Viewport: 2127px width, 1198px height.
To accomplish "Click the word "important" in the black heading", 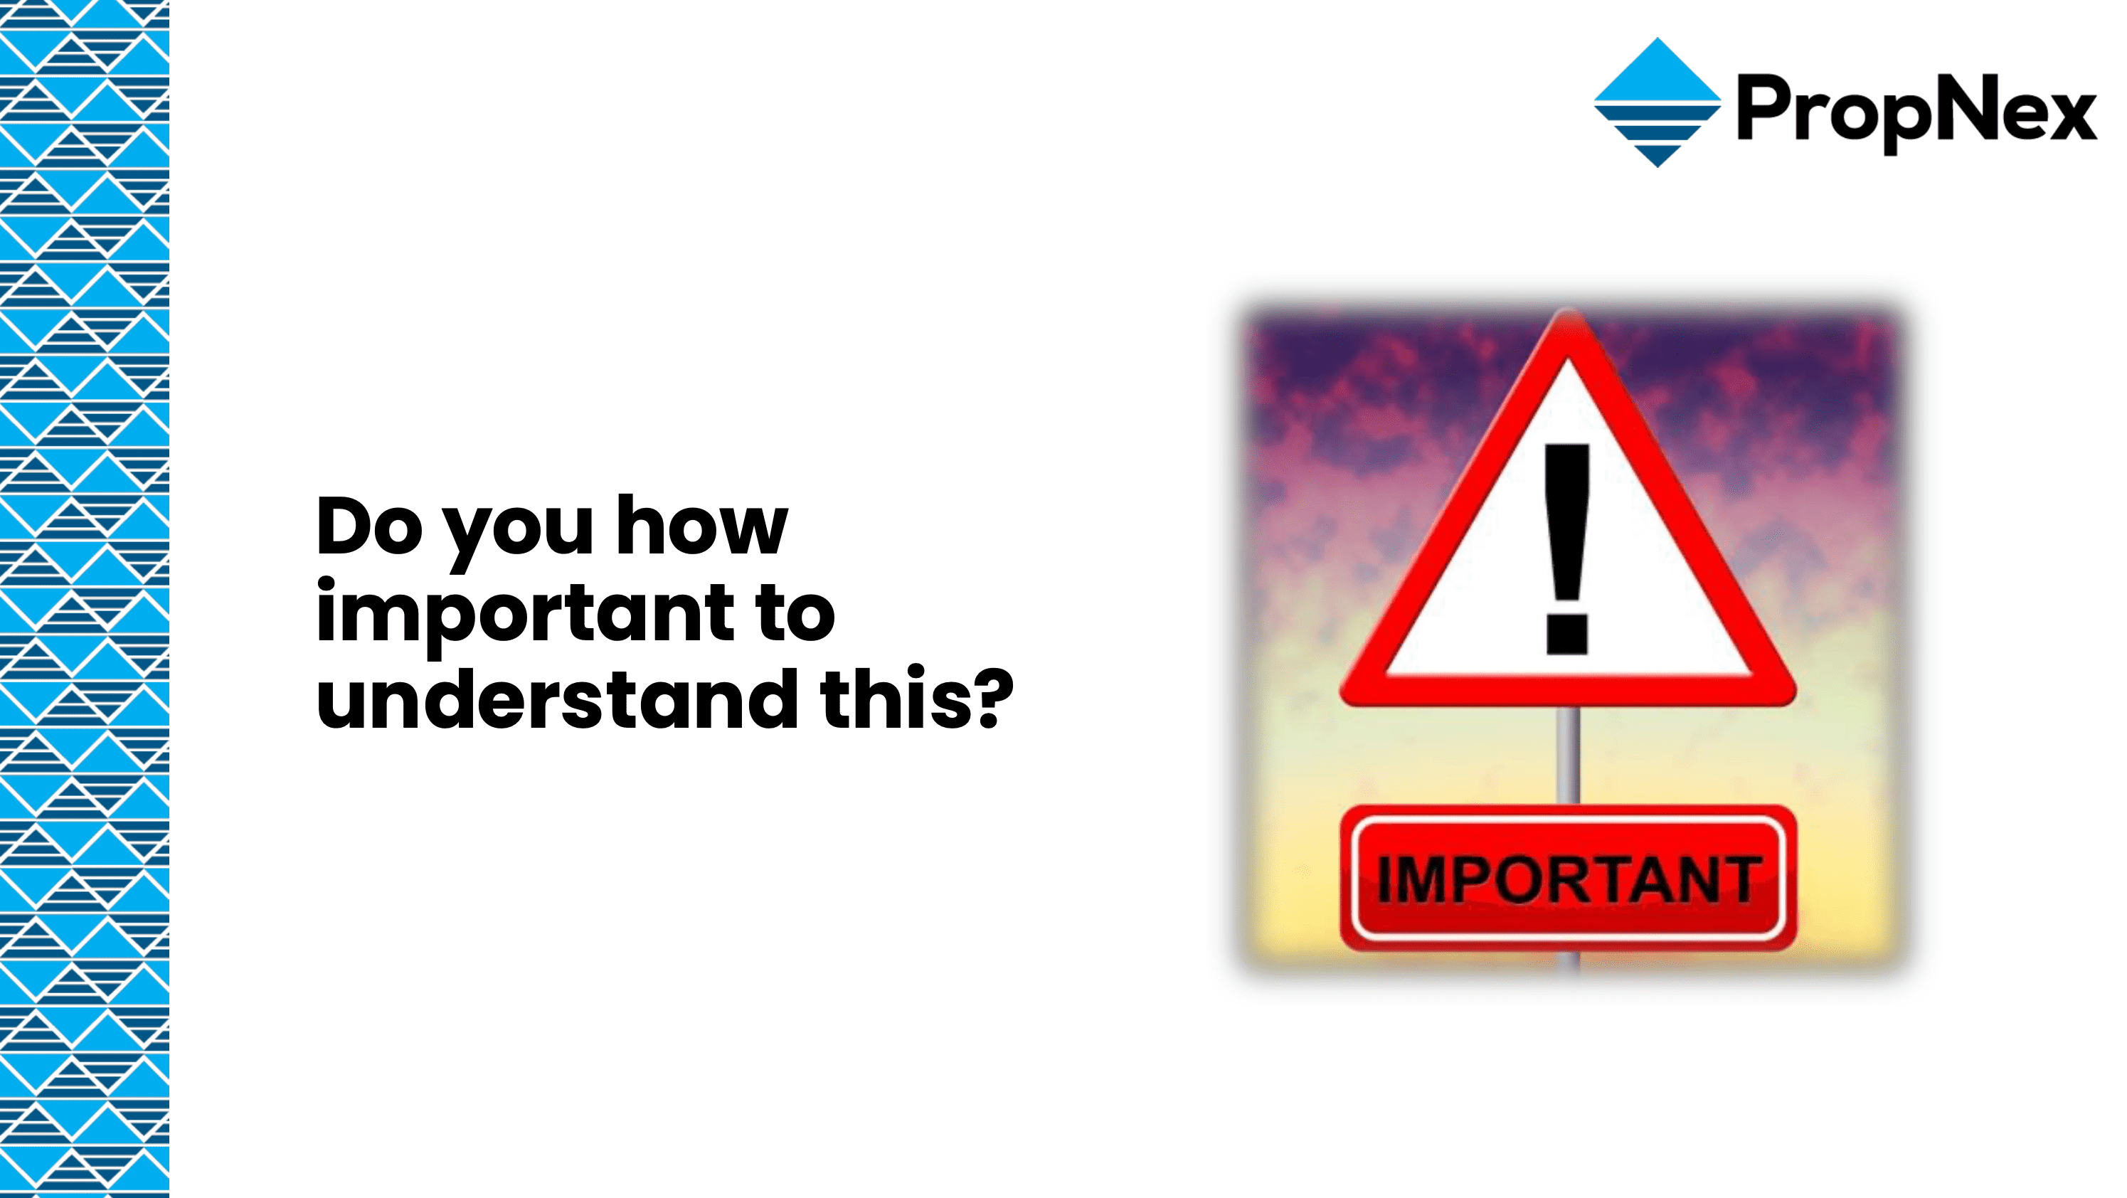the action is (524, 615).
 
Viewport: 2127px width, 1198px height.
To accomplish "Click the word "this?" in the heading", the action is (916, 699).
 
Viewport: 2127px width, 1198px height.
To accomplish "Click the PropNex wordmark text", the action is (1916, 113).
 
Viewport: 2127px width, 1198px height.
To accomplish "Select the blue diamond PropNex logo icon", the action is (1657, 102).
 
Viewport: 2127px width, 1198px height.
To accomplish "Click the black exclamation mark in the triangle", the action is (1566, 549).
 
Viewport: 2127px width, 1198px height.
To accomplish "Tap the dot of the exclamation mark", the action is (1566, 632).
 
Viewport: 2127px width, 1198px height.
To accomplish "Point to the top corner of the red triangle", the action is (1568, 312).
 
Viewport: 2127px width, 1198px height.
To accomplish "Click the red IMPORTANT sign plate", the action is (1568, 878).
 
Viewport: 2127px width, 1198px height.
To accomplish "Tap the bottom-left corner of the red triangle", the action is (1346, 699).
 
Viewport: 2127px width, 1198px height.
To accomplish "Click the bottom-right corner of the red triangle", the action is (1790, 699).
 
